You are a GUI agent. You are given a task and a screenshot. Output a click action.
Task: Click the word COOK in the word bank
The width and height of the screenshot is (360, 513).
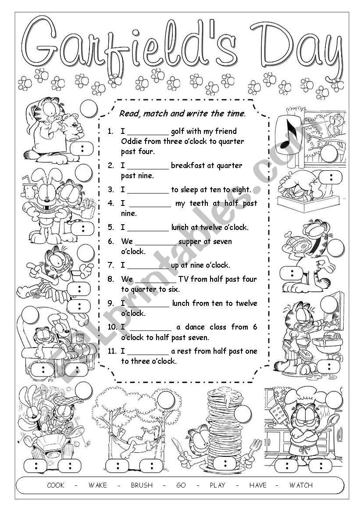click(56, 485)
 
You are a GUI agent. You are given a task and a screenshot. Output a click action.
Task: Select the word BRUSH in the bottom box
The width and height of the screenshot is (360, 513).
click(142, 485)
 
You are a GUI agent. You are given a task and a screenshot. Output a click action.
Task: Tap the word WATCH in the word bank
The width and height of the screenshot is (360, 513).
click(301, 485)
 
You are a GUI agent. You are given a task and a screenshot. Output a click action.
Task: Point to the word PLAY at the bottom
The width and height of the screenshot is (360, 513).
click(217, 485)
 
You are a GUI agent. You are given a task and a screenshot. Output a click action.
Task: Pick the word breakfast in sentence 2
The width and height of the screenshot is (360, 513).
click(188, 165)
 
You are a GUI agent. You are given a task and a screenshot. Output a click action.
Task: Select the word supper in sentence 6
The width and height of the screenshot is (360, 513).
click(192, 241)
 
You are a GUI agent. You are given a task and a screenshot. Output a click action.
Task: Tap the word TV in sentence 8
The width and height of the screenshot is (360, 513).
click(183, 279)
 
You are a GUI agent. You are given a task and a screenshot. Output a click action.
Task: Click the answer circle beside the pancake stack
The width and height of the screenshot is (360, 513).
click(242, 413)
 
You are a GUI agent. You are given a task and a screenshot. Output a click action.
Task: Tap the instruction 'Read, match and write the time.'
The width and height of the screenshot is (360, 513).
click(182, 114)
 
